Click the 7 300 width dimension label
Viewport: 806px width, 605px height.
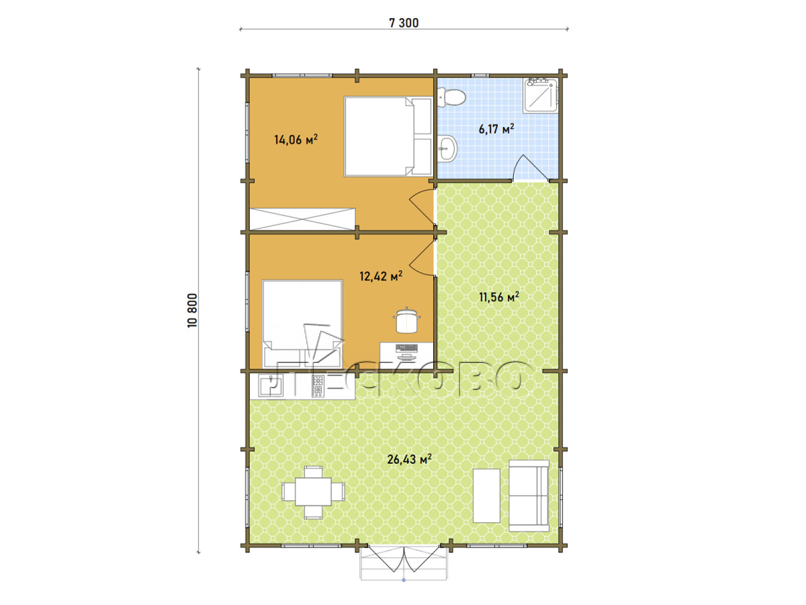coord(404,23)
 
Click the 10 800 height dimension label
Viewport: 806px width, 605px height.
coord(192,311)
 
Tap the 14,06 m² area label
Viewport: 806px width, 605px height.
coord(296,140)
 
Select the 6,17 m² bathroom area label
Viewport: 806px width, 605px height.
coord(496,129)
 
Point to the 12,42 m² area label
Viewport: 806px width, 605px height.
coord(381,276)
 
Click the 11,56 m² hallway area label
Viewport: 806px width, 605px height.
coord(499,296)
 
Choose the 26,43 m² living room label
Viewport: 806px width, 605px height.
coord(410,459)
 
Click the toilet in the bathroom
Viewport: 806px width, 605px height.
coord(452,97)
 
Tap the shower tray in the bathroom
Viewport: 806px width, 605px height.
coord(540,94)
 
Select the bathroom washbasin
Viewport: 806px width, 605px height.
coord(447,148)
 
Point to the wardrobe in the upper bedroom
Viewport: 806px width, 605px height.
coord(302,219)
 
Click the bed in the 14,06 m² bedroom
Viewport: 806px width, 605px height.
coord(388,136)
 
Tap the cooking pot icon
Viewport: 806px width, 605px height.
coord(407,320)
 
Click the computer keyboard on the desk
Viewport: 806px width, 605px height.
coord(407,347)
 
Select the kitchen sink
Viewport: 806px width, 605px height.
coord(271,385)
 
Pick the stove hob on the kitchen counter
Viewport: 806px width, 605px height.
coord(318,385)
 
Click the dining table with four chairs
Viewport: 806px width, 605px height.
coord(313,492)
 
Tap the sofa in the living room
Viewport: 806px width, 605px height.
coord(529,496)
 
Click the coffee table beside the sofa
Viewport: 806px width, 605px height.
coord(487,495)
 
